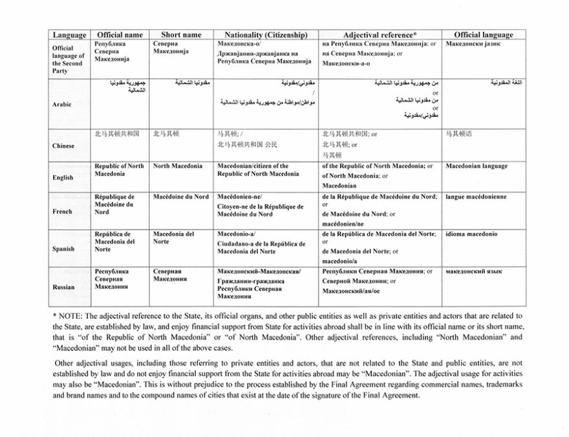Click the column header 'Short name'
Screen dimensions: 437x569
click(177, 35)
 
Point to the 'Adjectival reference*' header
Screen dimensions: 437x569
click(380, 35)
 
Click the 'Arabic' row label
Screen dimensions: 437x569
click(62, 104)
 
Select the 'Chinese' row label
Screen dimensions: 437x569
click(63, 145)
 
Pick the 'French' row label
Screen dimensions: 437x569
click(63, 211)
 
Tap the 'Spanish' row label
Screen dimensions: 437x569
click(63, 248)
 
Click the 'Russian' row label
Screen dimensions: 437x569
click(63, 287)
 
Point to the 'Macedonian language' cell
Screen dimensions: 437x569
click(477, 166)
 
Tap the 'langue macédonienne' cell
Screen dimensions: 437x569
click(476, 197)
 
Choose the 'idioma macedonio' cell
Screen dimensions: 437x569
click(471, 234)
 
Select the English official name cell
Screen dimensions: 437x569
click(119, 170)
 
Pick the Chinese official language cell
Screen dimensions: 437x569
click(458, 134)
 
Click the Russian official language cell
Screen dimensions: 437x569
click(474, 272)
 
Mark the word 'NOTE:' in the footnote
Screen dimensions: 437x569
click(71, 316)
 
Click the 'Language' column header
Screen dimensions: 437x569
click(70, 35)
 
